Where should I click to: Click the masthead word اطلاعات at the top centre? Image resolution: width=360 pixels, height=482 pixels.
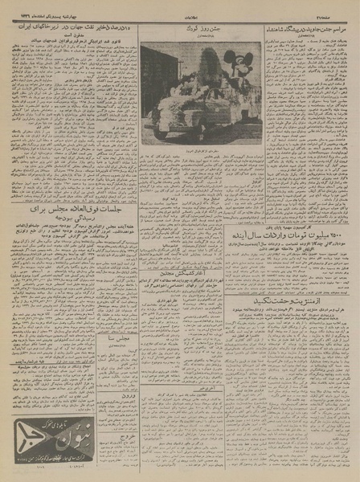click(x=180, y=9)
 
